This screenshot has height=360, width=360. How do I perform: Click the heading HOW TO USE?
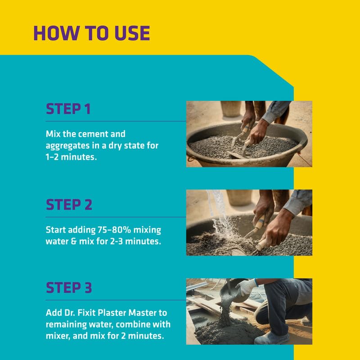tap(92, 33)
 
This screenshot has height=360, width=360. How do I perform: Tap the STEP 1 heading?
tap(68, 109)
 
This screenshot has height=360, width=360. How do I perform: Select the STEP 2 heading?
tap(69, 205)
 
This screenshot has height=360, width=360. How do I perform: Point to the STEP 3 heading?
tap(69, 288)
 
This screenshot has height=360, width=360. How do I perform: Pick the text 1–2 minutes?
tap(71, 157)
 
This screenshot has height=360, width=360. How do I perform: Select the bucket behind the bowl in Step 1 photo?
tap(231, 108)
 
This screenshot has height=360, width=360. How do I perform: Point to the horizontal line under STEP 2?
tap(116, 217)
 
